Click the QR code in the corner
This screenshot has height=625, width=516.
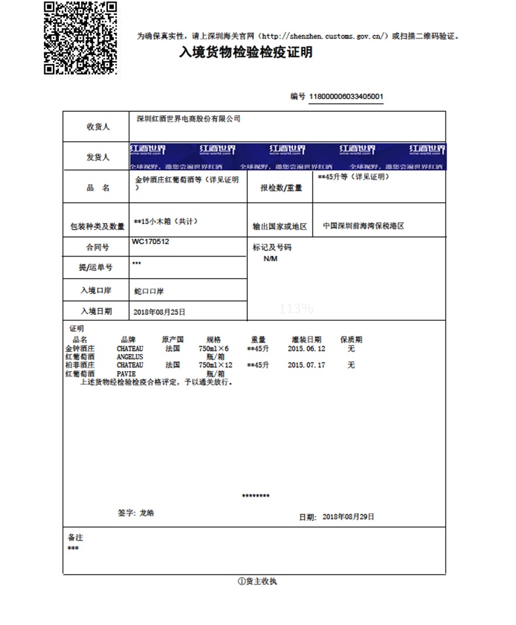pos(80,37)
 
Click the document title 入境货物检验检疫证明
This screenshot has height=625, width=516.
pos(245,52)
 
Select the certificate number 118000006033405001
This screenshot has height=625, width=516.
pos(346,97)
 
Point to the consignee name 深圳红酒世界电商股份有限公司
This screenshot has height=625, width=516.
pos(188,119)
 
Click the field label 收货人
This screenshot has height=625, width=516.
pos(98,127)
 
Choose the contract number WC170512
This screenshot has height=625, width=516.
pos(151,241)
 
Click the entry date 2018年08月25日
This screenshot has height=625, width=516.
pos(160,312)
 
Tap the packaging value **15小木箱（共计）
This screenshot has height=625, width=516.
pos(165,221)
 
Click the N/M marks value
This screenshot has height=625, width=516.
pos(271,259)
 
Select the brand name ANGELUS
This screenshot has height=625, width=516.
pos(129,357)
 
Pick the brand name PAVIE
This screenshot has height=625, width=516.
pos(126,373)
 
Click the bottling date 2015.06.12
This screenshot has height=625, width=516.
pos(307,349)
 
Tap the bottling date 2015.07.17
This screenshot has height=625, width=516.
pos(307,365)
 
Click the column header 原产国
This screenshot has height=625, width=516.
pos(173,340)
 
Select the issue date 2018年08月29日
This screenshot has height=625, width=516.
pos(349,517)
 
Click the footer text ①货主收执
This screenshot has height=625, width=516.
pos(257,581)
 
